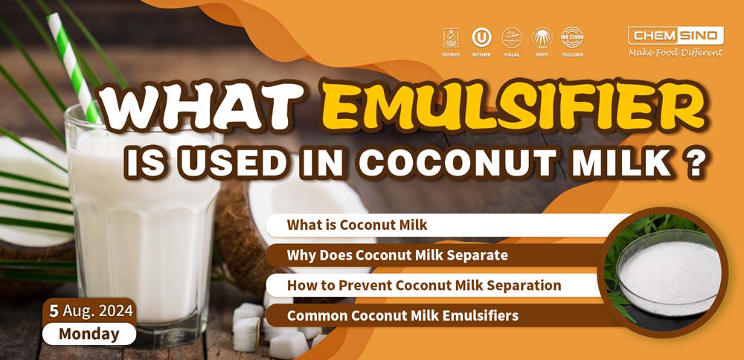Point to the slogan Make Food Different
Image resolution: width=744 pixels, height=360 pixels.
coord(675,52)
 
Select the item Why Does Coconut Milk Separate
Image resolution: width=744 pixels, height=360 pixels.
coord(397,255)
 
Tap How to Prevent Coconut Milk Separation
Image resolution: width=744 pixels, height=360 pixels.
coord(424,285)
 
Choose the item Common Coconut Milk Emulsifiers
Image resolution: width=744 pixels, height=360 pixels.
coord(403,315)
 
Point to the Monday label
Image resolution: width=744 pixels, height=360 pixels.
coord(89,334)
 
